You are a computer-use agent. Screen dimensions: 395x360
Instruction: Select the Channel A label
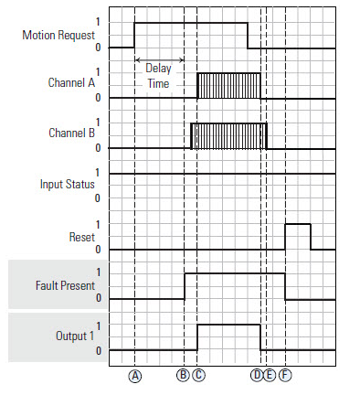71,83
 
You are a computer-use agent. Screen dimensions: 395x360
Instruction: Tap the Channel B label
71,133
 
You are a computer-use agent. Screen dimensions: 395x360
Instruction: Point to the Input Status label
68,184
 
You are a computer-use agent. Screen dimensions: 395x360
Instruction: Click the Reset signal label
81,235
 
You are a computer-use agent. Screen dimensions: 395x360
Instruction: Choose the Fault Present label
62,285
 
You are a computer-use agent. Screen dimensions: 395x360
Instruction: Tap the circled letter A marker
135,375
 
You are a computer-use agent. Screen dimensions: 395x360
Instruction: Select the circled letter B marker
184,375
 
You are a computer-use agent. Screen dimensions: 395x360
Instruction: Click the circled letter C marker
198,375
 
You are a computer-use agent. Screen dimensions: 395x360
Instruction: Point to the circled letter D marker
257,375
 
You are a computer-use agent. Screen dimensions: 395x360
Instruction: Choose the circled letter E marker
270,375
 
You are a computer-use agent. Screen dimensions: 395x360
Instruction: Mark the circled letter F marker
286,375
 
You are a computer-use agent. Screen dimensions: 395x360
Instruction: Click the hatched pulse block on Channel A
229,85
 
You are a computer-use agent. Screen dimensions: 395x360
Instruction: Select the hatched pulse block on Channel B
228,135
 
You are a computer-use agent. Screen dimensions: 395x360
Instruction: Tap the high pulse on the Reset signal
298,235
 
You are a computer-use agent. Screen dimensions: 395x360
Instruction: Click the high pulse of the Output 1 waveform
229,336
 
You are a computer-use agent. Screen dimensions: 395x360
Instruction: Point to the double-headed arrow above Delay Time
159,61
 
